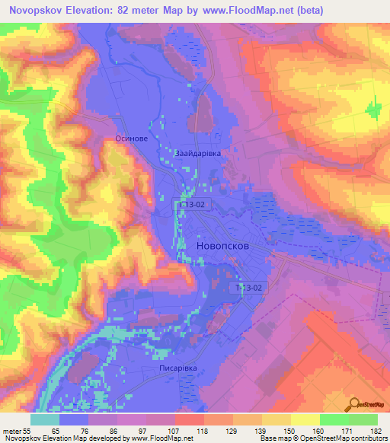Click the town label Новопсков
[221, 247]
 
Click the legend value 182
[376, 430]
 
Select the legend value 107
[174, 430]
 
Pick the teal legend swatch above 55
[45, 419]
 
